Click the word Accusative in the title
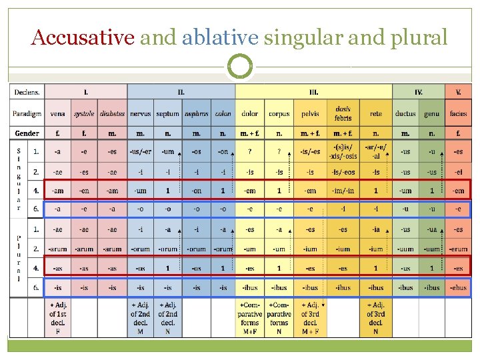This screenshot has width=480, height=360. coord(83,37)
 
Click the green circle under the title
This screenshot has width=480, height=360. coord(240,67)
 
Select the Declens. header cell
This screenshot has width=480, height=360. coord(27,92)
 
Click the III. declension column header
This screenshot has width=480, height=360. coord(313,92)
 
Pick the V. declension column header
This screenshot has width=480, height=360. coord(458,92)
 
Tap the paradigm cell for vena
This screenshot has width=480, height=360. coord(58,113)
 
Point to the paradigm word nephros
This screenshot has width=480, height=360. coord(197,113)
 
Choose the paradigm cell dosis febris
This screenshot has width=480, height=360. coord(343,113)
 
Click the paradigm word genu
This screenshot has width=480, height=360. coord(431,113)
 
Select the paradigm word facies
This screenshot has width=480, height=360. coord(458,113)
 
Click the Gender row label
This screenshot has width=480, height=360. coord(27,133)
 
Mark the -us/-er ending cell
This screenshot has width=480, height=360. coord(140,151)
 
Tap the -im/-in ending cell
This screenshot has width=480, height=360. coord(343,191)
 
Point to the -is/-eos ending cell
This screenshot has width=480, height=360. coord(343,171)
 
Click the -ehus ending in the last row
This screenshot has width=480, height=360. coord(458,288)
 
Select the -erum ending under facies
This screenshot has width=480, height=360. coord(458,249)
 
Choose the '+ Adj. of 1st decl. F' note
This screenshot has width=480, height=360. coord(58,318)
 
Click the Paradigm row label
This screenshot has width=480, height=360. coord(27,113)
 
